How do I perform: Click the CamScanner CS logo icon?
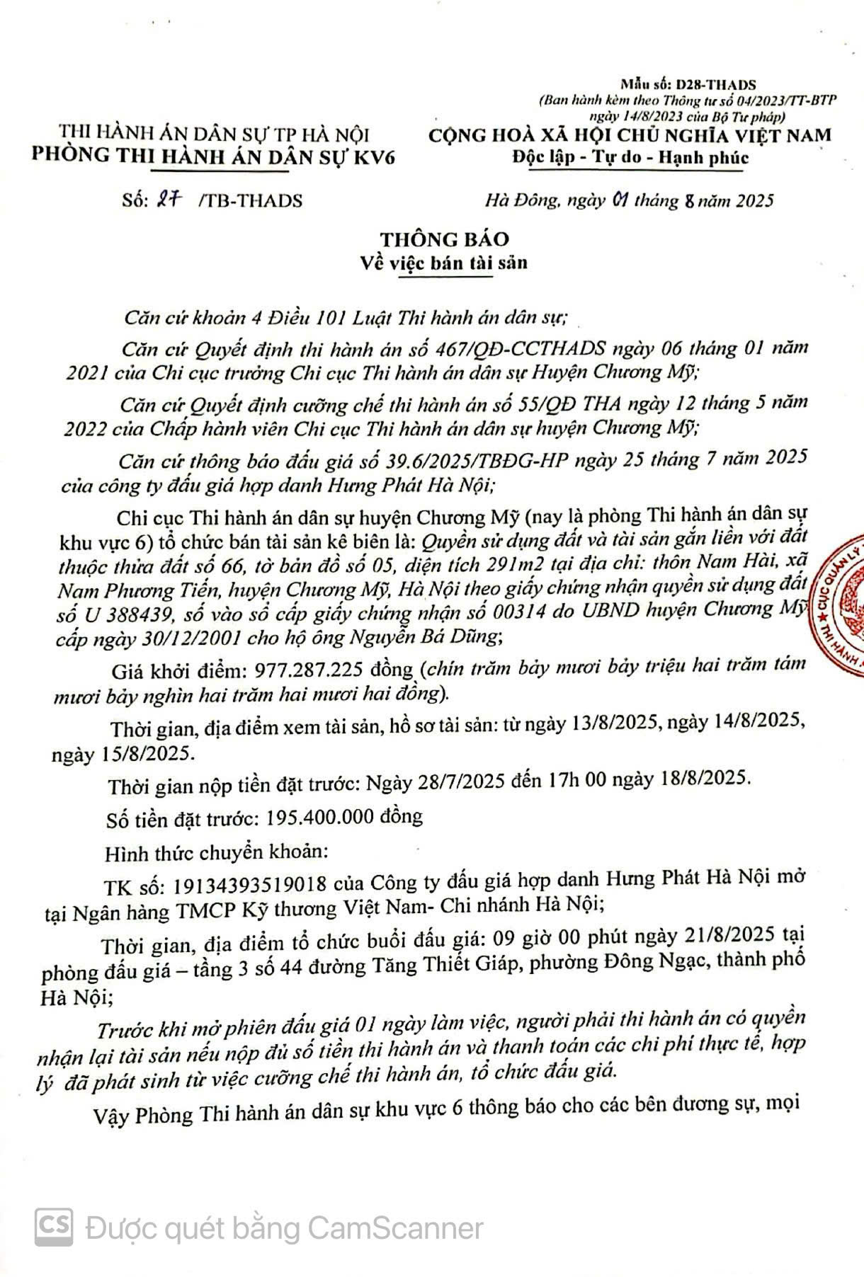55,1227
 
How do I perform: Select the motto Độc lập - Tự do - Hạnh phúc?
630,157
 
